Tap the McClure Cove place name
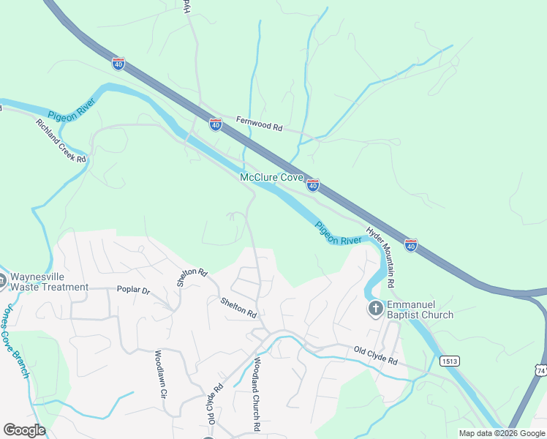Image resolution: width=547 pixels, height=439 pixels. coord(271,178)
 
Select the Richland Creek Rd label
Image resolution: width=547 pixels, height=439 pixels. coord(61,140)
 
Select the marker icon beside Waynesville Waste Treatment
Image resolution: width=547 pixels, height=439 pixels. coord(2,279)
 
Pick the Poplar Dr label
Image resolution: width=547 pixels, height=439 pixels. coord(133,290)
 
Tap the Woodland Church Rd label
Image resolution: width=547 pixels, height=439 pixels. coord(257,392)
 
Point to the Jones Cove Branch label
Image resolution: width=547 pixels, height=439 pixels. coord(16,340)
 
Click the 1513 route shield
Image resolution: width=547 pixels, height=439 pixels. coord(449,361)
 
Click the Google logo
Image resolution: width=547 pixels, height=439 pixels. coord(24,430)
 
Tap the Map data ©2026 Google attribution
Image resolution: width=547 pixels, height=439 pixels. coord(501,433)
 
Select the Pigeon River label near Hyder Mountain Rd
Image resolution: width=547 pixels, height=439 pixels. coord(338,233)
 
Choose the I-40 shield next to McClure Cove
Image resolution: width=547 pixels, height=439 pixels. coord(312,186)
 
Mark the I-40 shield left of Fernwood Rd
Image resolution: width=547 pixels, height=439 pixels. coord(215,124)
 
